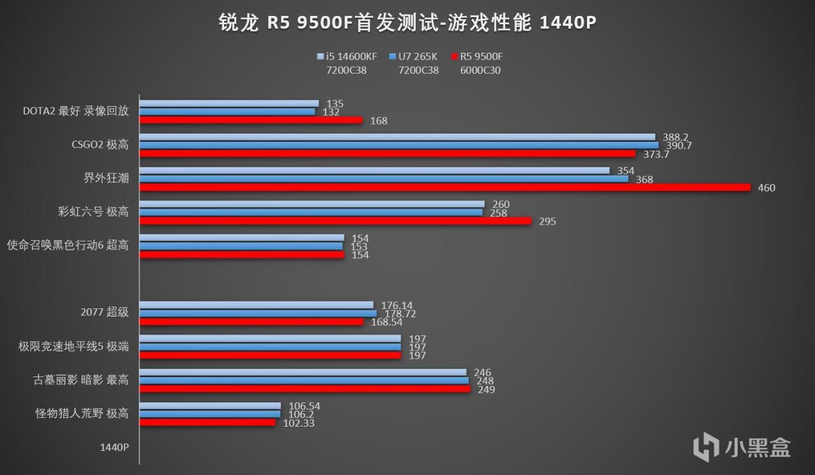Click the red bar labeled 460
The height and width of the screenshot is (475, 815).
point(445,188)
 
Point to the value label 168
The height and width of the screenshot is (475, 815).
point(378,120)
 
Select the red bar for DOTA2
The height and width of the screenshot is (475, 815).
point(251,120)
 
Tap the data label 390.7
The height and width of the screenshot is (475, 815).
point(678,146)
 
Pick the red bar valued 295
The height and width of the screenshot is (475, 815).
point(336,221)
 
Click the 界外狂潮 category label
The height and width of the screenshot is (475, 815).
point(107,178)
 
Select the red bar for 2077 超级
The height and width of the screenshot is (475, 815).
point(251,322)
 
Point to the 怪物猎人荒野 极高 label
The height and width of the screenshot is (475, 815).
point(82,413)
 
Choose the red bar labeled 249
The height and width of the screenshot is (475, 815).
point(304,389)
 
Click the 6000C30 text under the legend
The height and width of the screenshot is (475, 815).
point(480,70)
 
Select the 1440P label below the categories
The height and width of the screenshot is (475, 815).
point(114,447)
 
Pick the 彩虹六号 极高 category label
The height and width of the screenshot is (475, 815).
point(93,212)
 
